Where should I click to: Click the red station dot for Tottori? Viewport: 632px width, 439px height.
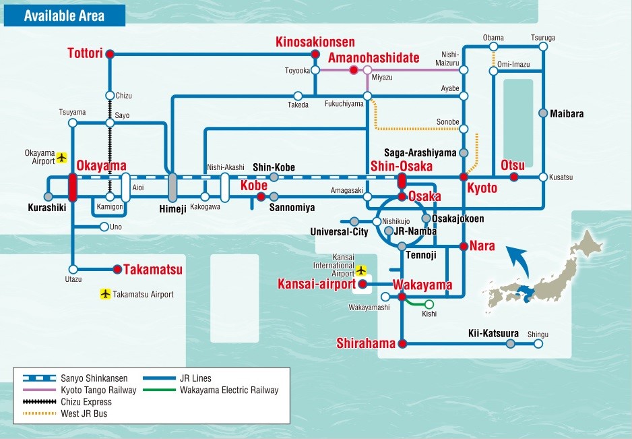(x=110, y=54)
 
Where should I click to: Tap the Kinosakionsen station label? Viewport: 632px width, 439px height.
(x=315, y=42)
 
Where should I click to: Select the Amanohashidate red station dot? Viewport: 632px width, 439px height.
(x=354, y=70)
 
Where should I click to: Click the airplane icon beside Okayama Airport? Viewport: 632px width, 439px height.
(x=61, y=157)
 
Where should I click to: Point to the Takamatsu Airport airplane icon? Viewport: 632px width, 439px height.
(x=105, y=294)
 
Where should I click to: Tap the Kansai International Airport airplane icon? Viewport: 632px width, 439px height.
(x=361, y=270)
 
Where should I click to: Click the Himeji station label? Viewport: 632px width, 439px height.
(x=173, y=208)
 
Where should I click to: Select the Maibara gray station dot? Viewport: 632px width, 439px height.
(x=543, y=113)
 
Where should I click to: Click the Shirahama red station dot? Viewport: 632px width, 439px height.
(x=402, y=344)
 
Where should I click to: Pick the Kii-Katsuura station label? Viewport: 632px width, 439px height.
(x=493, y=333)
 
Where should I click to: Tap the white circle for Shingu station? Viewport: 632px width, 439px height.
(x=538, y=344)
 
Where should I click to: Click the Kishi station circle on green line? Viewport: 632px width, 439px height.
(x=429, y=304)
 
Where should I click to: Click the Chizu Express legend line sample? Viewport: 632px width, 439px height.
(x=40, y=401)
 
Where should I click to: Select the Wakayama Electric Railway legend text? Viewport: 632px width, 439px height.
(x=229, y=390)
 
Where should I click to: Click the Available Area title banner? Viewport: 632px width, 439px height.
(x=65, y=16)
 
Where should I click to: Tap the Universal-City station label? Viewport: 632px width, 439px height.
(x=340, y=231)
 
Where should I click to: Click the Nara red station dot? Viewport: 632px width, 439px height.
(x=464, y=246)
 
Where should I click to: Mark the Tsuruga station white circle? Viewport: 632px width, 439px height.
(x=543, y=47)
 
